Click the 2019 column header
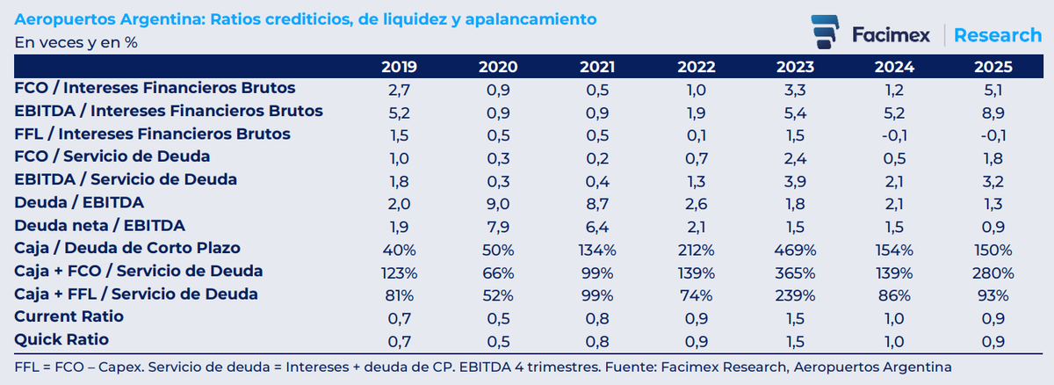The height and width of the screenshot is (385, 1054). (x=400, y=67)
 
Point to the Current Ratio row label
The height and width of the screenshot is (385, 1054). (x=69, y=316)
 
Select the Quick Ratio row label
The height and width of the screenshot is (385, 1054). (x=63, y=339)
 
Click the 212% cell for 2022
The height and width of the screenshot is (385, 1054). (x=697, y=248)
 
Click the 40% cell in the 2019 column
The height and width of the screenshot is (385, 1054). (x=400, y=248)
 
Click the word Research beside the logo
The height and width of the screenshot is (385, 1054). (x=997, y=35)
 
